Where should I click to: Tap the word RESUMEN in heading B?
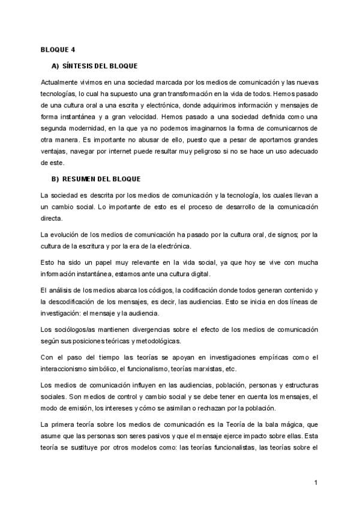click(82, 179)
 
